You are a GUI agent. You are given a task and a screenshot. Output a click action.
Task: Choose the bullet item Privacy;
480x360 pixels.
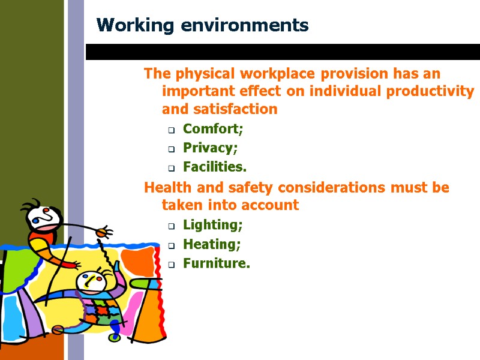[x=210, y=148]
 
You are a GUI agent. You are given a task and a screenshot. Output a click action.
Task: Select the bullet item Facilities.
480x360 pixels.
[x=214, y=167]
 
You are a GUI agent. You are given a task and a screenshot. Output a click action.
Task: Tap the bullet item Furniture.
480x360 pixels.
[x=216, y=263]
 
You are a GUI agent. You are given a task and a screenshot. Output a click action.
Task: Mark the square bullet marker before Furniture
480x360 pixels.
[x=171, y=265]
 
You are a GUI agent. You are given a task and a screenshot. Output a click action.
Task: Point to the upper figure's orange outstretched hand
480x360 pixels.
[x=104, y=231]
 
